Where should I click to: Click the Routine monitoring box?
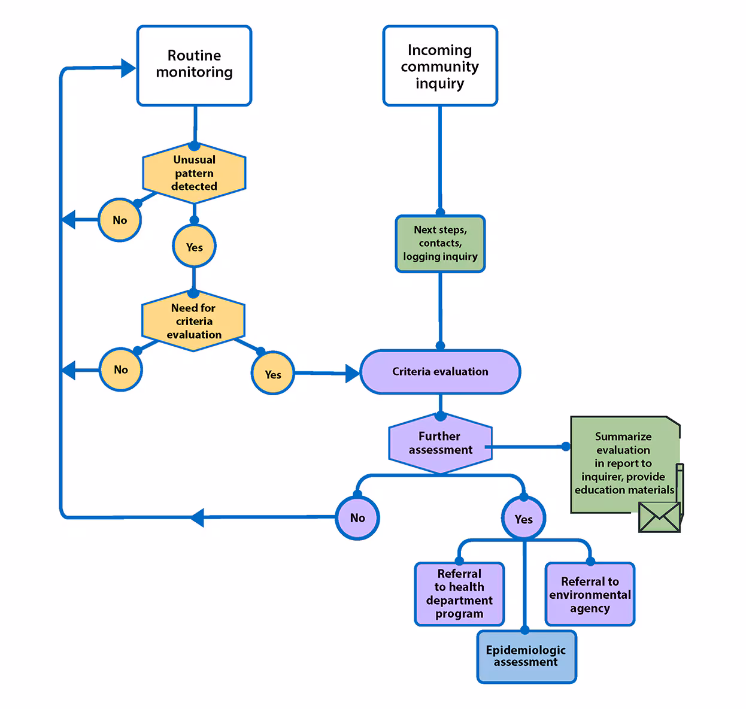point(194,66)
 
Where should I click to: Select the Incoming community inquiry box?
point(439,66)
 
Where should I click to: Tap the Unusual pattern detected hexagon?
point(194,173)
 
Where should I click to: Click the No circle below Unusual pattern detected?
point(120,220)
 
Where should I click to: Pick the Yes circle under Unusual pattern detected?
point(194,247)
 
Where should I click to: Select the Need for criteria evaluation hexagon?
point(193,321)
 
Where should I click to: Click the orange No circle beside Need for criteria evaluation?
point(120,369)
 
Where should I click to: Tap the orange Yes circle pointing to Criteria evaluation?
point(272,374)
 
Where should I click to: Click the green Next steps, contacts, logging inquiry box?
point(440,244)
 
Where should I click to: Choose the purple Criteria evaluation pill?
point(440,372)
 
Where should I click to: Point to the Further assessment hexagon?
point(440,443)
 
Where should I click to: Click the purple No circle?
point(357,518)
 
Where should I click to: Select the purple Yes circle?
point(523,519)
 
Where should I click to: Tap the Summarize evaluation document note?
point(623,462)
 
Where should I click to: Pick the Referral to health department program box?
point(459,594)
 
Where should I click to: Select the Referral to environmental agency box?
point(590,595)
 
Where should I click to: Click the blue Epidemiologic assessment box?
point(526,656)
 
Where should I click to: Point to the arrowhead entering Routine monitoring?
point(128,68)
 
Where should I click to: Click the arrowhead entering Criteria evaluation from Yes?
point(352,374)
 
